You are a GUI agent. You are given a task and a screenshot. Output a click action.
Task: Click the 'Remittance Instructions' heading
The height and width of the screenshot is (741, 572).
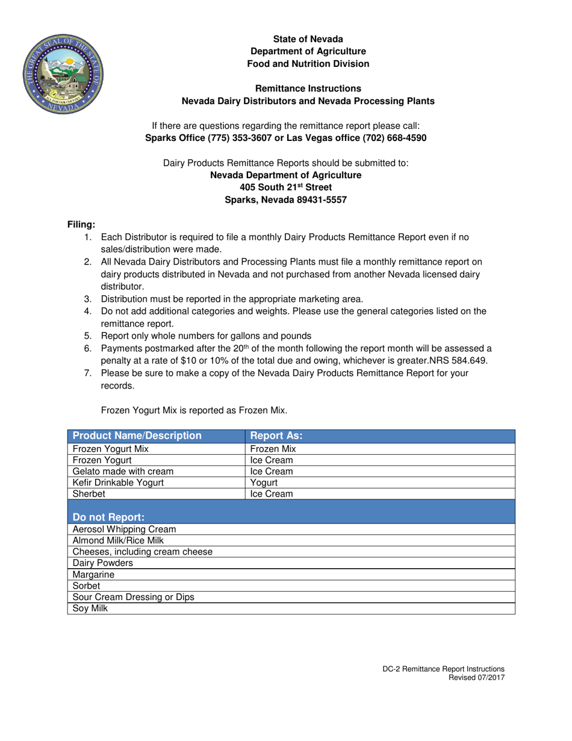click(x=308, y=89)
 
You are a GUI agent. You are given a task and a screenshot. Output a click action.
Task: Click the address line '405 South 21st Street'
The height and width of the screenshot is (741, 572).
click(x=285, y=187)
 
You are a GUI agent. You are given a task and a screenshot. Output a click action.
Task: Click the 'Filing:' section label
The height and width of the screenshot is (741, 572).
click(x=81, y=225)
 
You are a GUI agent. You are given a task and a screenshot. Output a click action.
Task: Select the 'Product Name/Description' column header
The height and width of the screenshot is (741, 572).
click(x=137, y=436)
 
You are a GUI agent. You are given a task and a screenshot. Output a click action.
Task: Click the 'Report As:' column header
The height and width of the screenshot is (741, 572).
click(x=276, y=436)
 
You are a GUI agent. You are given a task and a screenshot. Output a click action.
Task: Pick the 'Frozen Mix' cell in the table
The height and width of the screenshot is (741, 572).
click(x=273, y=449)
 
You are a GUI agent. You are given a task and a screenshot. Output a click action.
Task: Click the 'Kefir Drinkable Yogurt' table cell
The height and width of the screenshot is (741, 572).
click(x=118, y=483)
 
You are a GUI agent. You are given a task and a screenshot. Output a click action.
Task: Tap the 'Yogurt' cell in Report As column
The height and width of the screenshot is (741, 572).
click(x=264, y=483)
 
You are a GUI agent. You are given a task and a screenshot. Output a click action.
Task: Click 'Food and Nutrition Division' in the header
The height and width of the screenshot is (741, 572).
click(x=308, y=64)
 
